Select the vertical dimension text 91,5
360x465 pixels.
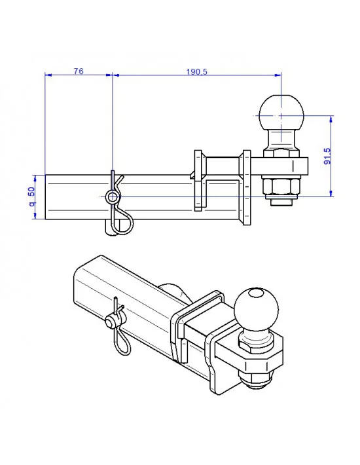(x=327, y=156)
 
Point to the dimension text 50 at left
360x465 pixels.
(x=31, y=195)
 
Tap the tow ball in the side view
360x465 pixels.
(x=282, y=113)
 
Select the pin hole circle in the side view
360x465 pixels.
(x=113, y=197)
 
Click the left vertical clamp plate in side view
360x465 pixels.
(x=198, y=180)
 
